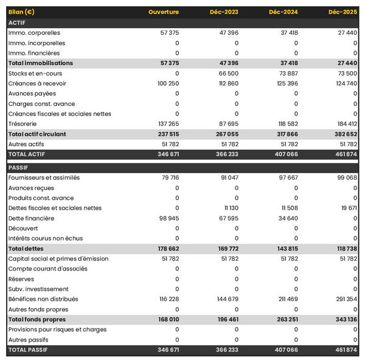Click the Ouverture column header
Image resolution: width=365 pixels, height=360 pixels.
click(163, 12)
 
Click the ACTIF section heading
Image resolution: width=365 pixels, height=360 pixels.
click(16, 23)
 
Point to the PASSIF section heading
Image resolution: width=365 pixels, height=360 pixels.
click(18, 168)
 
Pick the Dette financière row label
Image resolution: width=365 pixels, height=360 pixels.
click(31, 218)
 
